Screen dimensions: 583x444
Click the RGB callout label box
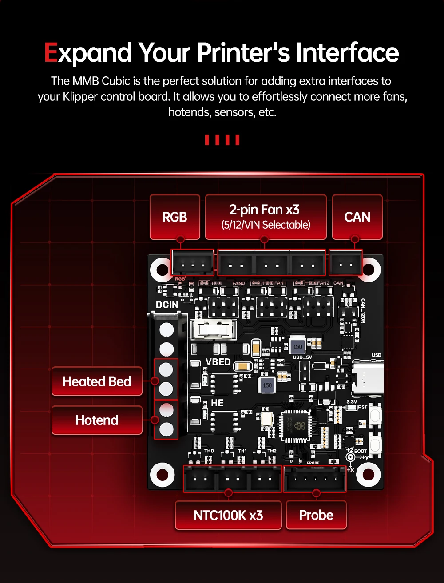pyautogui.click(x=174, y=217)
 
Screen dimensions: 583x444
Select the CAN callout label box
pyautogui.click(x=357, y=217)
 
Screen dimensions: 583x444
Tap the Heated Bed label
pyautogui.click(x=97, y=381)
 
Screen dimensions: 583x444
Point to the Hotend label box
pyautogui.click(x=97, y=420)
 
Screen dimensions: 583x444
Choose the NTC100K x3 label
pyautogui.click(x=228, y=515)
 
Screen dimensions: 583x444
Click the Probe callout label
pyautogui.click(x=316, y=515)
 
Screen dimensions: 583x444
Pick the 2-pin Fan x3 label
pyautogui.click(x=266, y=216)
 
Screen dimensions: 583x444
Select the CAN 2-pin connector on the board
pyautogui.click(x=345, y=265)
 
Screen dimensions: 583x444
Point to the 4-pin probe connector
pyautogui.click(x=314, y=479)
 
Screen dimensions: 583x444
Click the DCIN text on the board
pyautogui.click(x=167, y=305)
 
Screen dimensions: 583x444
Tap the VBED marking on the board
pyautogui.click(x=218, y=362)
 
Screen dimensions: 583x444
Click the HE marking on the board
pyautogui.click(x=217, y=403)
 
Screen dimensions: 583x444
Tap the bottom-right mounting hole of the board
pyautogui.click(x=369, y=475)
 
